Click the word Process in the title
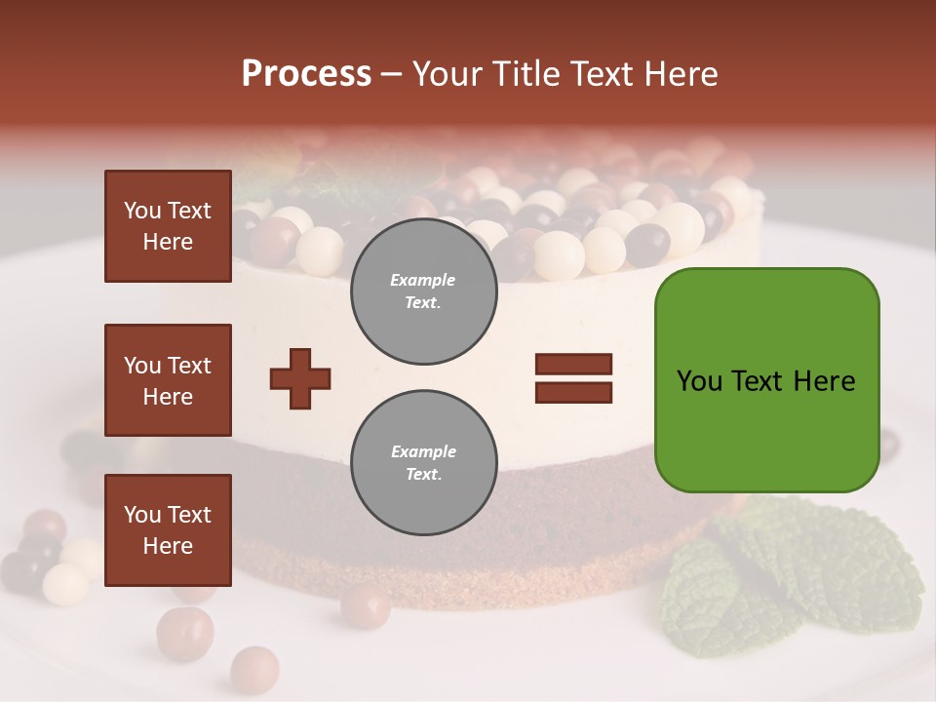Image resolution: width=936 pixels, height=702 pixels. pyautogui.click(x=306, y=74)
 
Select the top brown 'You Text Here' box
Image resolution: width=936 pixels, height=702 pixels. pyautogui.click(x=168, y=226)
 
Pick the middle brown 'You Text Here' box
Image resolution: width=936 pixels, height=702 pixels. pyautogui.click(x=168, y=380)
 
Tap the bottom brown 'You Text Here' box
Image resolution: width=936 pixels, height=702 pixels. pyautogui.click(x=168, y=529)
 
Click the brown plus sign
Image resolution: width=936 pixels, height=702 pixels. pyautogui.click(x=300, y=378)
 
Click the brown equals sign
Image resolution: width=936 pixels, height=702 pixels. pyautogui.click(x=573, y=378)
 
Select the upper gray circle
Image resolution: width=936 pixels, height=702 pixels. pyautogui.click(x=423, y=292)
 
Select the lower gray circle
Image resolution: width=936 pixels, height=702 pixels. pyautogui.click(x=423, y=462)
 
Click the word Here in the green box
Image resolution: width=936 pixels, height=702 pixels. pyautogui.click(x=824, y=381)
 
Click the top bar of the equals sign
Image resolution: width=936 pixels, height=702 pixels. pyautogui.click(x=573, y=365)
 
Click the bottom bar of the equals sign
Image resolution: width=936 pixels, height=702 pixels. pyautogui.click(x=573, y=393)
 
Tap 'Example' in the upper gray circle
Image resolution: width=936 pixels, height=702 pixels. pyautogui.click(x=423, y=280)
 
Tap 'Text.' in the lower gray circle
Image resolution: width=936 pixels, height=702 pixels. pyautogui.click(x=423, y=475)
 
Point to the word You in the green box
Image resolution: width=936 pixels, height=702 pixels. pyautogui.click(x=699, y=381)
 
